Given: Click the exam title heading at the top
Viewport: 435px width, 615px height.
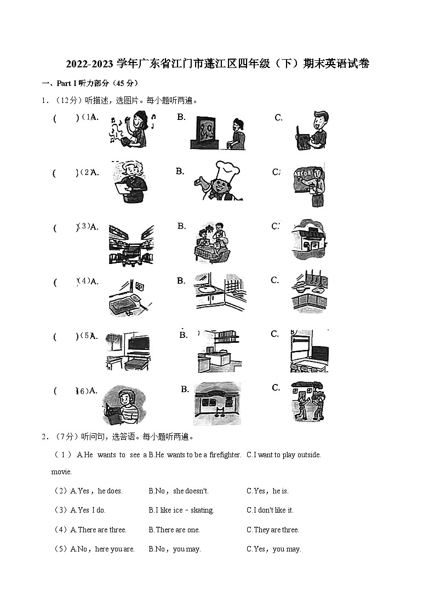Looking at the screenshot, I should tap(218, 64).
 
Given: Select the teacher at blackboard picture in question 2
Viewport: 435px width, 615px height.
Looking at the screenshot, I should tap(310, 185).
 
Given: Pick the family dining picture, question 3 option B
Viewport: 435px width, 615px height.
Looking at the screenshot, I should tap(213, 242).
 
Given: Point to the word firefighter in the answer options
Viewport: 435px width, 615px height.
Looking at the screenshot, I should tap(225, 455).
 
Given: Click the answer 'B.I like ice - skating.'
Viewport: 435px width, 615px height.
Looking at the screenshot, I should tap(181, 510).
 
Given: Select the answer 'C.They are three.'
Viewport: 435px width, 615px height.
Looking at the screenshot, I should tap(272, 530).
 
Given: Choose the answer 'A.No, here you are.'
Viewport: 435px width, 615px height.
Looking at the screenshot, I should tap(102, 549).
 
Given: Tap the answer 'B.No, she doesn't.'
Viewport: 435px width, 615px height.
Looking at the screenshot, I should tap(179, 491).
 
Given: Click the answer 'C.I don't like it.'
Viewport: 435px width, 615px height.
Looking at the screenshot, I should tap(270, 510).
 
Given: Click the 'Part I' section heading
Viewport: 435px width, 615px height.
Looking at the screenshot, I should tap(91, 83).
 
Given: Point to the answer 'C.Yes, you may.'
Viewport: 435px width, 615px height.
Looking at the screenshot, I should tap(273, 549).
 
